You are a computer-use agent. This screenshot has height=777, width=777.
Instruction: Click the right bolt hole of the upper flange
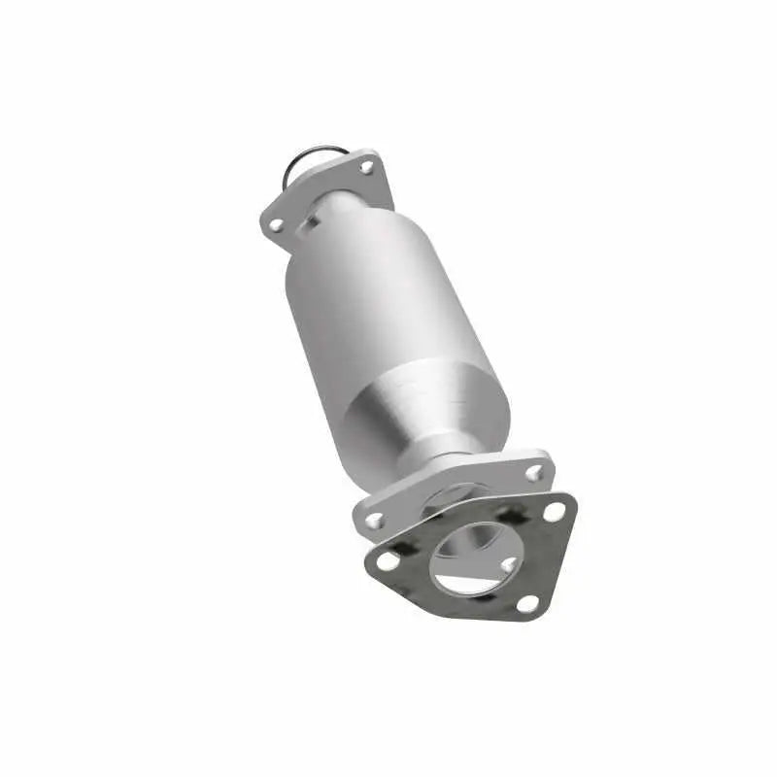click(x=366, y=168)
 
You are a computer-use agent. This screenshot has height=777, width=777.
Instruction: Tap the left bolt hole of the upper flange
click(x=276, y=225)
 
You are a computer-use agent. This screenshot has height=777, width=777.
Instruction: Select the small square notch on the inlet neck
click(x=313, y=220)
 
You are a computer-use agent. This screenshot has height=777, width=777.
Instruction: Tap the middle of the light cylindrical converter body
click(x=369, y=291)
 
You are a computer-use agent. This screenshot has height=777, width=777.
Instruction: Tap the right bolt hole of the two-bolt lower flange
click(x=533, y=473)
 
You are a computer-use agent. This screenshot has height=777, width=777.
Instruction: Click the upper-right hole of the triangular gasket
click(x=555, y=512)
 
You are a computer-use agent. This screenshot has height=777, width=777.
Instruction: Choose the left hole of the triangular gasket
click(x=388, y=561)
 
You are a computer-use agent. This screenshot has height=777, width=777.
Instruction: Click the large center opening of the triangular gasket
click(x=476, y=557)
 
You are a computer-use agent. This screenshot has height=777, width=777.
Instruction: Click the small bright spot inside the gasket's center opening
click(x=507, y=563)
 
